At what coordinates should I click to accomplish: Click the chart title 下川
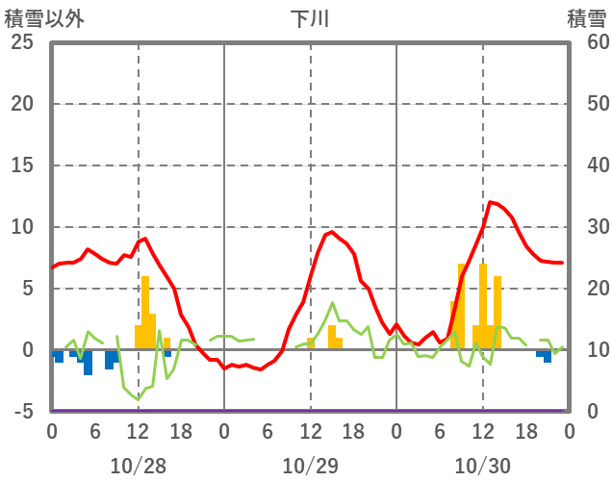[x=309, y=19]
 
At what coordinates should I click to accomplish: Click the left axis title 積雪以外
[x=38, y=19]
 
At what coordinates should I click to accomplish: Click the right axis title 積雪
[x=586, y=19]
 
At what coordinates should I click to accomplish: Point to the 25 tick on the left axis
[x=21, y=42]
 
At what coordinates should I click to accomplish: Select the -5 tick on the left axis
[x=21, y=412]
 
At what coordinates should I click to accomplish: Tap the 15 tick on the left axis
[x=21, y=165]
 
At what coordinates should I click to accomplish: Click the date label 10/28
[x=138, y=467]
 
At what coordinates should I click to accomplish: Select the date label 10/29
[x=310, y=467]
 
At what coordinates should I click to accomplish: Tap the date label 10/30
[x=482, y=467]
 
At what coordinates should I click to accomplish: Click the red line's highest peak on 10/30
[x=491, y=202]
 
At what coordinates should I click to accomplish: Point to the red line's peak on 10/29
[x=331, y=232]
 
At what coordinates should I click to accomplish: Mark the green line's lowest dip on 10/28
[x=138, y=398]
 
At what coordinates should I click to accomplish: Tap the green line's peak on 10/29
[x=333, y=303]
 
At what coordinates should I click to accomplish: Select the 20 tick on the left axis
[x=21, y=104]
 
